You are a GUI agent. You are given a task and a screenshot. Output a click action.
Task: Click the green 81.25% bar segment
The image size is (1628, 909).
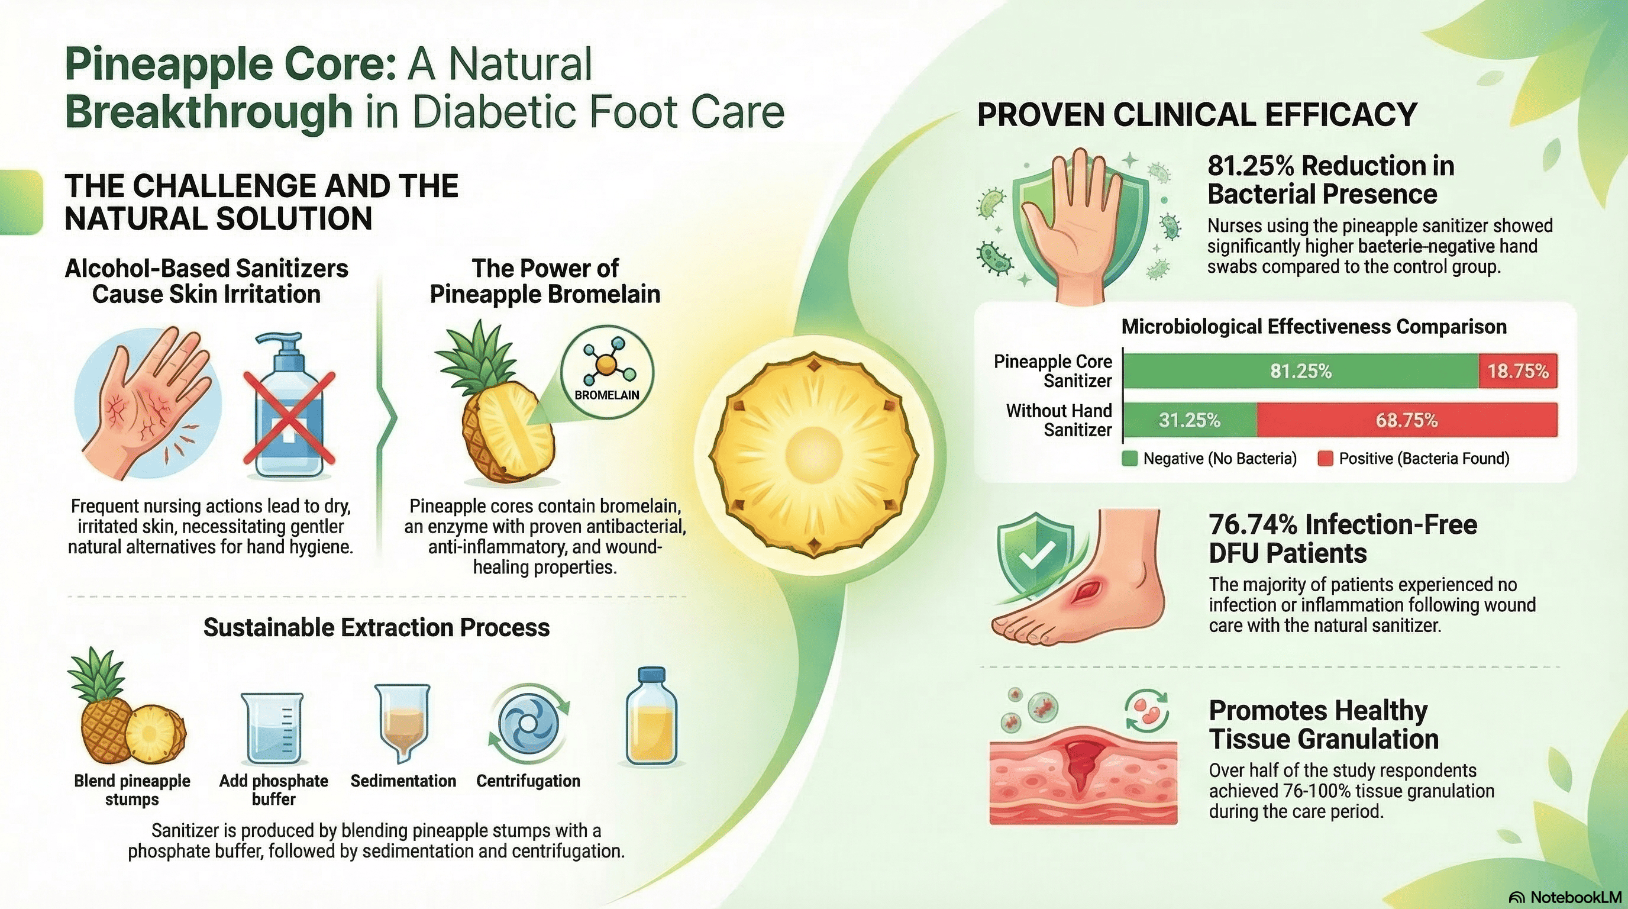coord(1301,371)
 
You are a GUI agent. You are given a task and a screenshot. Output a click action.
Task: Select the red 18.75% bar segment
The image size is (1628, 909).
coord(1518,371)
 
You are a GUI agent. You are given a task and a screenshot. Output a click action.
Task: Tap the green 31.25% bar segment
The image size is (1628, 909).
coord(1190,420)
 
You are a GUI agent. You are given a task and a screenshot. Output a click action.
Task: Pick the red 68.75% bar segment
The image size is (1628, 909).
coord(1407,420)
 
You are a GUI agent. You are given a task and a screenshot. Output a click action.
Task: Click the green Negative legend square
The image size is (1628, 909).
coord(1129,459)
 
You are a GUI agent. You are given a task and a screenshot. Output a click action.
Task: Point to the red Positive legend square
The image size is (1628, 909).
coord(1325,459)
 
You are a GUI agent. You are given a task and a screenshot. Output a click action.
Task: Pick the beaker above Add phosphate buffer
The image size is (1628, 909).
coord(272,729)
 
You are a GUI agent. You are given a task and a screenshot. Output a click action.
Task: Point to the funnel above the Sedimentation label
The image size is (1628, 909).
coord(403,724)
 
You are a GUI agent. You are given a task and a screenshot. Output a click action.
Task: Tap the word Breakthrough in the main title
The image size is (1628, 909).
coord(209,112)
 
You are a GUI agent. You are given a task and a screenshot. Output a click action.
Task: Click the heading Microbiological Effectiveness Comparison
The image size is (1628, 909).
coord(1314,327)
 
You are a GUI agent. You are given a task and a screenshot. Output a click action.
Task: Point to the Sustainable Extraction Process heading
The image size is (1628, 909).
coord(377,628)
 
